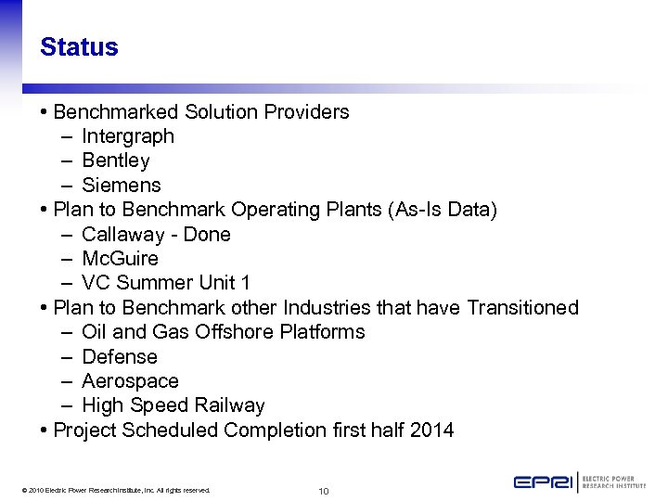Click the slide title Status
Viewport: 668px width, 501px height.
pos(79,47)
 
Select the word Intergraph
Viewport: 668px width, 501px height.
pos(128,136)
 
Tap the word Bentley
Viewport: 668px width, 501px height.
pos(116,161)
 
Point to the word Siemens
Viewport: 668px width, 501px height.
pos(122,186)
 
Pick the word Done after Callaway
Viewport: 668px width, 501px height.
pos(207,235)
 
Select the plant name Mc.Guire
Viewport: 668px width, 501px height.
pos(121,259)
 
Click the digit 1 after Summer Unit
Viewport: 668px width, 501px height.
pos(245,283)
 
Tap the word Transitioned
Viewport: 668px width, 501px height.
pos(523,307)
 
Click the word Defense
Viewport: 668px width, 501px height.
pos(120,357)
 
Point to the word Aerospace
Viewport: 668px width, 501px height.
pos(130,381)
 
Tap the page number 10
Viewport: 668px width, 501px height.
pos(324,491)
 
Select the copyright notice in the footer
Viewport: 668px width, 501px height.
pos(116,490)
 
